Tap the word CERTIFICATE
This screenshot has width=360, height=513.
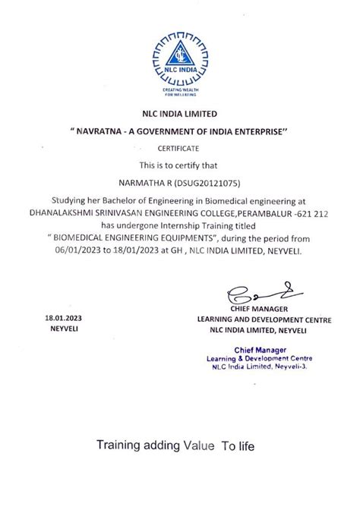pyautogui.click(x=179, y=149)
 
